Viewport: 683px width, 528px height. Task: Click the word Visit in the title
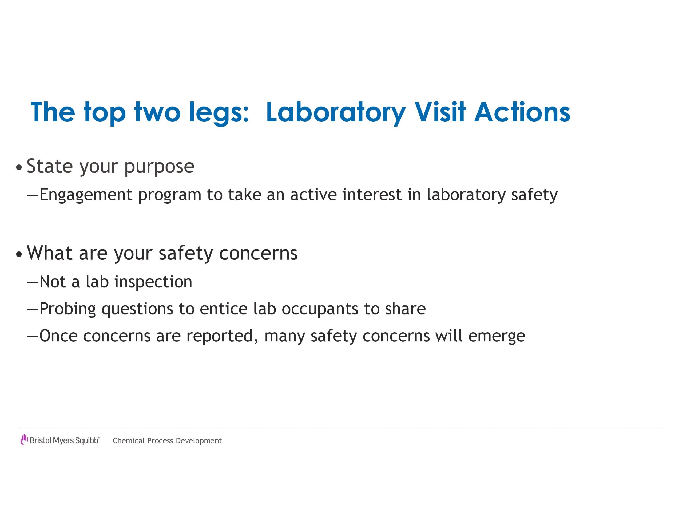click(440, 112)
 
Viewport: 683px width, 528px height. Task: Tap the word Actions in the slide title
click(522, 112)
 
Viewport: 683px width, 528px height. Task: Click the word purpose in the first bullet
click(159, 167)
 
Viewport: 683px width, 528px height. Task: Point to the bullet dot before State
click(19, 167)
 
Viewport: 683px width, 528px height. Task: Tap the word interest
click(372, 195)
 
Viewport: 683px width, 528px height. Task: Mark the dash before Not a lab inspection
click(33, 283)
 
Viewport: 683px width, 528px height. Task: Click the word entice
click(224, 309)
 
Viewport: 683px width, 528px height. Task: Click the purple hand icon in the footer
click(24, 439)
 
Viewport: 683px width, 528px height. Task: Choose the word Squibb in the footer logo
click(87, 441)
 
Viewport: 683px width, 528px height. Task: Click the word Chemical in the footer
click(129, 441)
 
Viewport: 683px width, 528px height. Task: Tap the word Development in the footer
click(199, 441)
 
